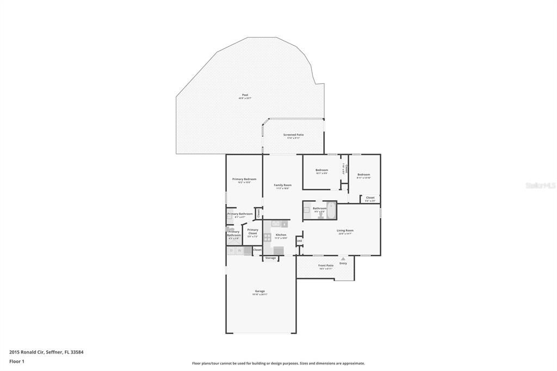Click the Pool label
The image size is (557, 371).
click(245, 95)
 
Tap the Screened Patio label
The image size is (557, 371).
click(293, 134)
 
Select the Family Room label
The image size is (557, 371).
click(282, 185)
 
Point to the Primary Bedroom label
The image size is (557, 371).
click(244, 179)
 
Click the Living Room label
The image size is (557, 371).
click(345, 230)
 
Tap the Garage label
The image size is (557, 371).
click(260, 291)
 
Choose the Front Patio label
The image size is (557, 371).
click(326, 265)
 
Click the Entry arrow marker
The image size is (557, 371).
click(343, 259)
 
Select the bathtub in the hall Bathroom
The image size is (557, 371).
click(331, 210)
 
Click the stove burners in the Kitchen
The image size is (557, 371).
click(267, 237)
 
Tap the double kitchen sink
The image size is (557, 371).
click(276, 223)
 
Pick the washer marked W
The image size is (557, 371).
click(239, 251)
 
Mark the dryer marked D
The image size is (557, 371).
click(231, 251)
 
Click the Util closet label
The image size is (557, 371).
click(299, 240)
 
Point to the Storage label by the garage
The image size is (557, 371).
click(270, 258)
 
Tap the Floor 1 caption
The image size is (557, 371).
click(17, 361)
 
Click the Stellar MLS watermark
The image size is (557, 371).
click(540, 185)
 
